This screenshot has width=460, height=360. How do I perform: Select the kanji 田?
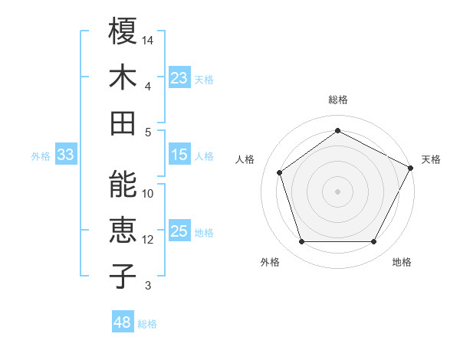click(123, 123)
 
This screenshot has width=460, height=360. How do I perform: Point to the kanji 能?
click(123, 184)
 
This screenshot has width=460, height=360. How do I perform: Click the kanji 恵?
click(123, 230)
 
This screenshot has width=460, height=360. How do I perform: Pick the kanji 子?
click(123, 276)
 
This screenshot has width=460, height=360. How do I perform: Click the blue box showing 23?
click(179, 78)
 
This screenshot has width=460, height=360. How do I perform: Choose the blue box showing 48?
click(123, 322)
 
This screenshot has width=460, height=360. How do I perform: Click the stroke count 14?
click(149, 39)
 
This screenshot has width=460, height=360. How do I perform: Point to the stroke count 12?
click(149, 240)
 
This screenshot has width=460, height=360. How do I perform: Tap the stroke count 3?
click(149, 286)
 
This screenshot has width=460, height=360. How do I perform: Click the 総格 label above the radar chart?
click(337, 100)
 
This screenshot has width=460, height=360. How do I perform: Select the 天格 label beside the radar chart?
click(431, 159)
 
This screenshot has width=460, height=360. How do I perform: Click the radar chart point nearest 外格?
click(301, 242)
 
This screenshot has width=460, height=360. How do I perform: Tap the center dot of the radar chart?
click(337, 191)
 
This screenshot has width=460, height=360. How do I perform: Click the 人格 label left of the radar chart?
click(245, 159)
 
